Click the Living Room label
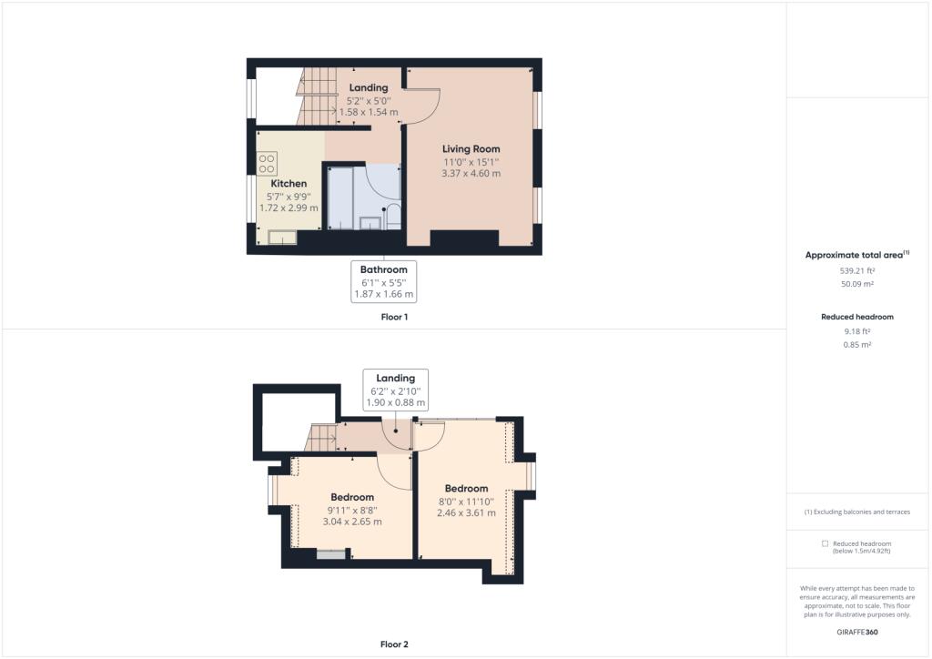click(471, 149)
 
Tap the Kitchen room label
click(289, 184)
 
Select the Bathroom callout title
click(383, 269)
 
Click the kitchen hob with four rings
click(267, 164)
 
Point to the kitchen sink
click(282, 237)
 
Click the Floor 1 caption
click(394, 318)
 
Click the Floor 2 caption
click(394, 644)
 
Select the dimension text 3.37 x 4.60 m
click(471, 174)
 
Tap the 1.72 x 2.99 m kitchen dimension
click(289, 208)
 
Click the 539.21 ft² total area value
click(857, 270)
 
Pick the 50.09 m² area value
click(857, 284)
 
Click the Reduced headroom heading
click(857, 317)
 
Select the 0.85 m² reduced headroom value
click(857, 345)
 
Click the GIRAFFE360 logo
click(857, 633)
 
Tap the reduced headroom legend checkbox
click(825, 543)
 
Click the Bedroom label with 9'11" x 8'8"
click(352, 497)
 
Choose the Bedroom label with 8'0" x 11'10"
click(467, 489)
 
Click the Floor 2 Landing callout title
click(395, 378)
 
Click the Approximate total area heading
click(857, 255)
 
